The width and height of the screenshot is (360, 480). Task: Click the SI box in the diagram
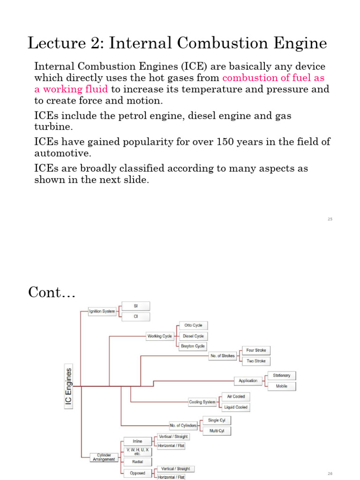pyautogui.click(x=136, y=306)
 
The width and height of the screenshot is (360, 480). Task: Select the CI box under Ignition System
pyautogui.click(x=136, y=317)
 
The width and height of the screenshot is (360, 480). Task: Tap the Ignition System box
pyautogui.click(x=102, y=311)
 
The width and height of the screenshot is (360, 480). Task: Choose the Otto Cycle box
pyautogui.click(x=193, y=325)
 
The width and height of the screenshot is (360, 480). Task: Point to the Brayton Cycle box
pyautogui.click(x=193, y=346)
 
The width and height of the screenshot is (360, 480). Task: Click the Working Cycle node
pyautogui.click(x=160, y=336)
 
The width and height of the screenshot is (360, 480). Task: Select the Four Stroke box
pyautogui.click(x=256, y=350)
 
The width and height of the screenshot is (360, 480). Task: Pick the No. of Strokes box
pyautogui.click(x=222, y=356)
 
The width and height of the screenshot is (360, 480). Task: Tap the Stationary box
pyautogui.click(x=282, y=375)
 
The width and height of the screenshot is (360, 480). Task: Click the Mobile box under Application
pyautogui.click(x=282, y=386)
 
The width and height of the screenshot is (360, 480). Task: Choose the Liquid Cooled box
pyautogui.click(x=236, y=407)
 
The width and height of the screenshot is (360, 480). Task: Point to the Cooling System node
pyautogui.click(x=202, y=402)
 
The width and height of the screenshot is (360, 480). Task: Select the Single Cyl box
pyautogui.click(x=217, y=420)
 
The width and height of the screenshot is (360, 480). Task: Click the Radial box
pyautogui.click(x=137, y=461)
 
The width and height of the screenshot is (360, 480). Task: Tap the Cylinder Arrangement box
pyautogui.click(x=104, y=457)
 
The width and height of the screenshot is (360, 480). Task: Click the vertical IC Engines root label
pyautogui.click(x=69, y=387)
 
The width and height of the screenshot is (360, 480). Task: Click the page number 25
pyautogui.click(x=330, y=219)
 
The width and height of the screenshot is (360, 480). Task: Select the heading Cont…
pyautogui.click(x=52, y=292)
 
